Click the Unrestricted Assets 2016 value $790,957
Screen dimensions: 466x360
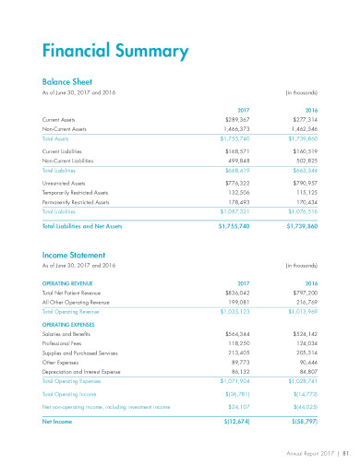(x=301, y=185)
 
